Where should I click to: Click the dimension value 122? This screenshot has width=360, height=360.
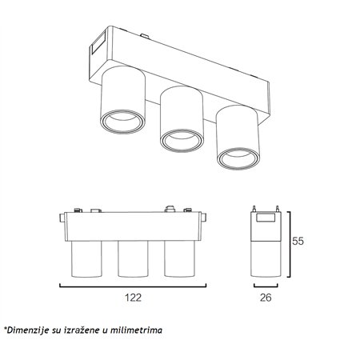click(133, 297)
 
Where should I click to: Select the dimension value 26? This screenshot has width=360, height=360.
click(267, 297)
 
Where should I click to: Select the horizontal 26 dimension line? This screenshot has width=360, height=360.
click(266, 284)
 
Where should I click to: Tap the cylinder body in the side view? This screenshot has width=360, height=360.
click(266, 259)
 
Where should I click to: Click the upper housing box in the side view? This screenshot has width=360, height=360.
click(266, 227)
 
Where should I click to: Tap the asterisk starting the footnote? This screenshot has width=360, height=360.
click(5, 328)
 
